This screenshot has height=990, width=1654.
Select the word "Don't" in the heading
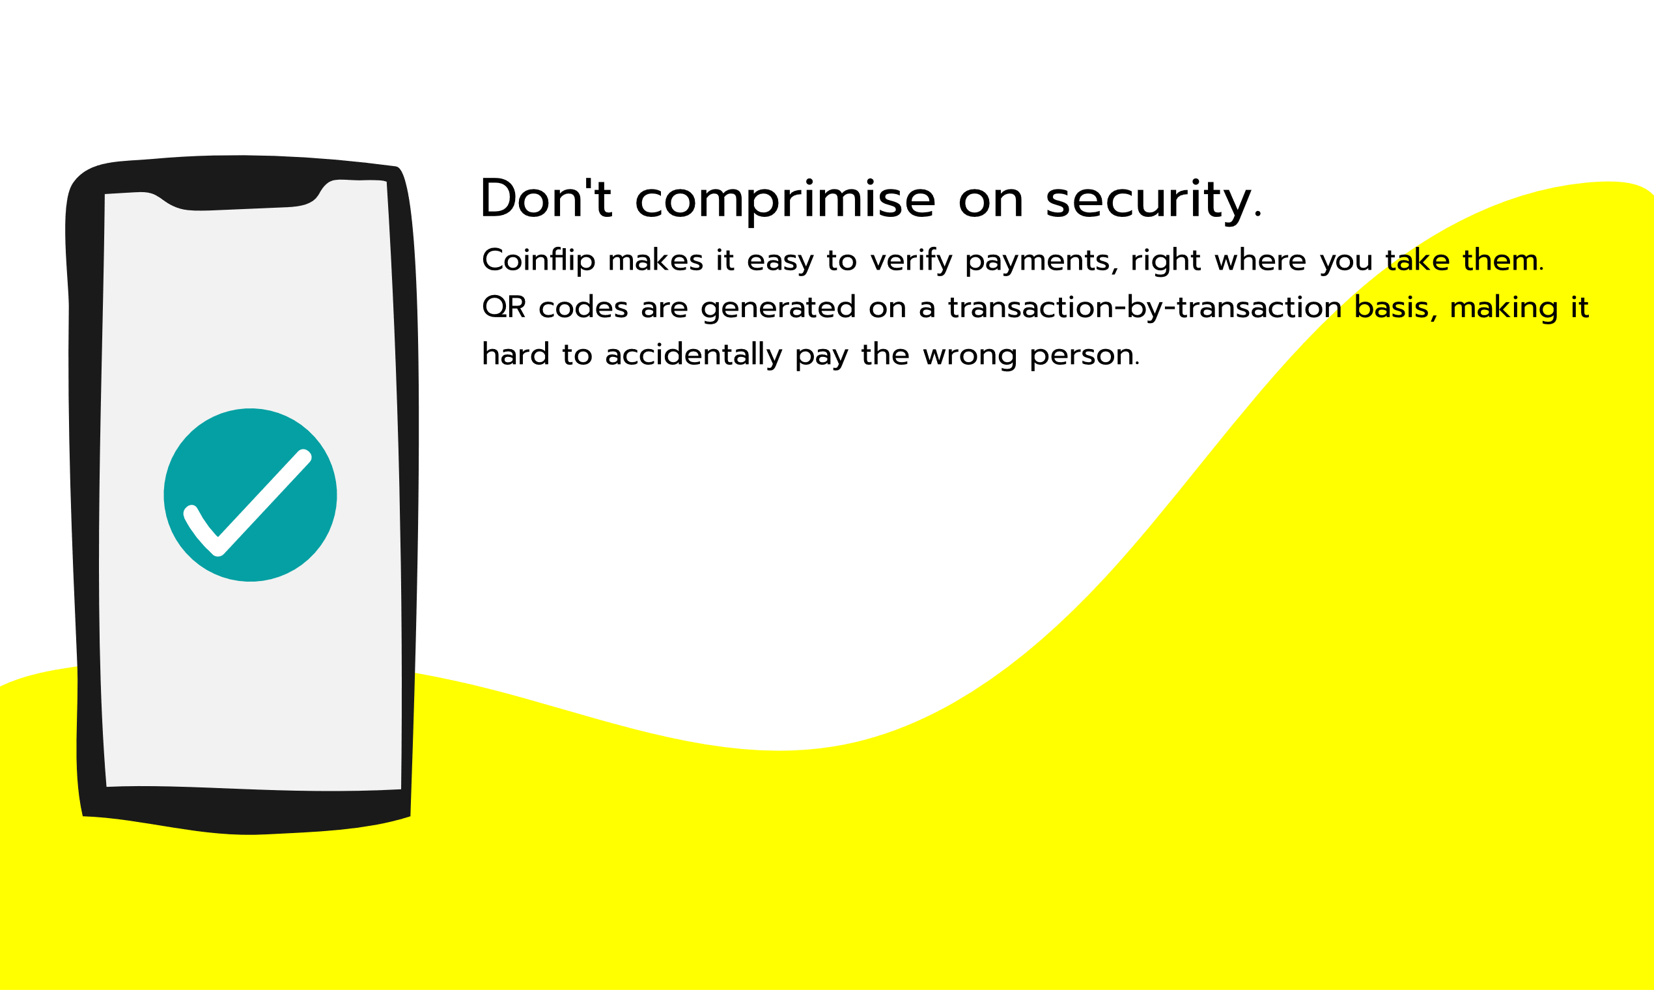[x=546, y=198]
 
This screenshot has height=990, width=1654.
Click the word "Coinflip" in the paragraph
[x=539, y=261]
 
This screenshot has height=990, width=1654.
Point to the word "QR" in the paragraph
[x=503, y=307]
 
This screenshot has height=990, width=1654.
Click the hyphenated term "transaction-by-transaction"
[x=1145, y=307]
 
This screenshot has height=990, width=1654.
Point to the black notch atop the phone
[x=240, y=193]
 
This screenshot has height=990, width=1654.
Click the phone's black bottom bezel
[x=247, y=812]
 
